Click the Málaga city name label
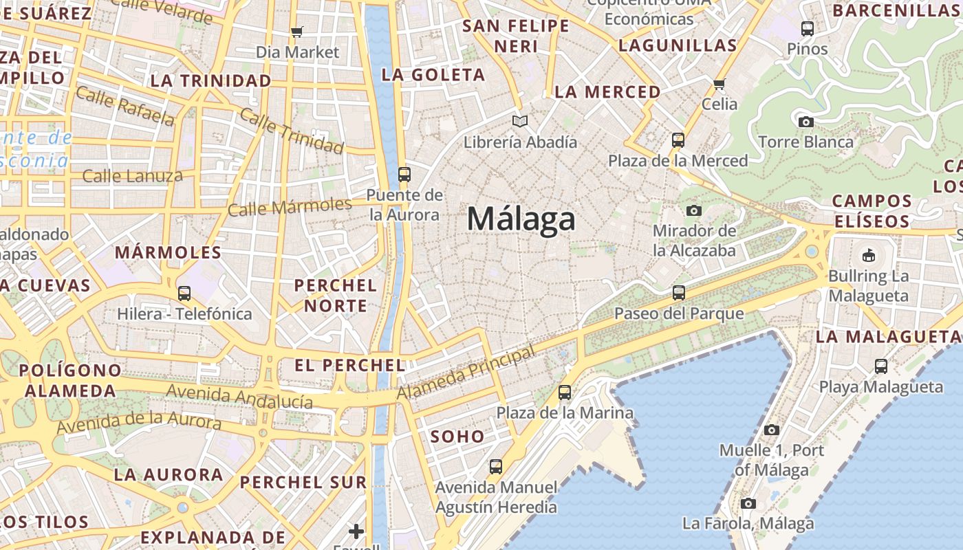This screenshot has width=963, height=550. (521, 219)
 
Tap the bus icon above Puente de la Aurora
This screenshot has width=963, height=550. (404, 175)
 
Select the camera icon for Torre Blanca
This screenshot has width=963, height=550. (805, 122)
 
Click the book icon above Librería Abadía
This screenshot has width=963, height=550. (520, 122)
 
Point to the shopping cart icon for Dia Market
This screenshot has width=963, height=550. (297, 32)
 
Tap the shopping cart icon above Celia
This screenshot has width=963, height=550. (719, 84)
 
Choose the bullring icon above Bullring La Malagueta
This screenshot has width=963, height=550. (868, 256)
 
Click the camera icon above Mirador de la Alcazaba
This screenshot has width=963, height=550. (694, 210)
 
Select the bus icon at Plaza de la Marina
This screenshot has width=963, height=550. (565, 393)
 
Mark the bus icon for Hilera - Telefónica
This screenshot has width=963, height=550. (184, 294)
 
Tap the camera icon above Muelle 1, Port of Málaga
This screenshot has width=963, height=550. (772, 430)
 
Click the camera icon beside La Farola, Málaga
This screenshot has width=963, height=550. (748, 503)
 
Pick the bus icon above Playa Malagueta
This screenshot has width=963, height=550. (881, 366)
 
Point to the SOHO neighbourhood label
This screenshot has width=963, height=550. (457, 437)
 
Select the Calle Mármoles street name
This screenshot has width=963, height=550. (290, 206)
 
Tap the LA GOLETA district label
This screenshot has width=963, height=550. (433, 75)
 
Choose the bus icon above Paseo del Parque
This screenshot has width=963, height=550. (679, 293)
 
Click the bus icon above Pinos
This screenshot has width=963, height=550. (808, 29)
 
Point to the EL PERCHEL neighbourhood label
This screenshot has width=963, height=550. (350, 365)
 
